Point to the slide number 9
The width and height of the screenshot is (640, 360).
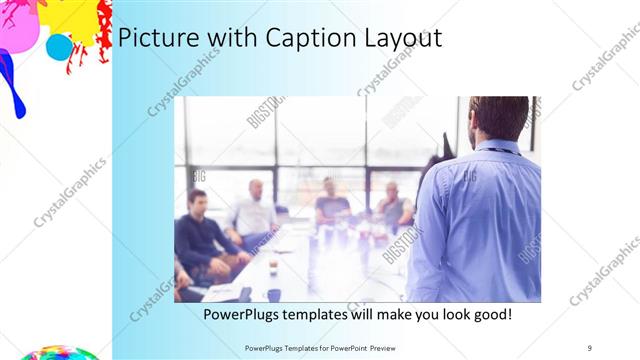click(x=589, y=348)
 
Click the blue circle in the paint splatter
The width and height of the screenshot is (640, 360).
click(x=60, y=47)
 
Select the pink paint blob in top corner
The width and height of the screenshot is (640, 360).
click(x=19, y=25)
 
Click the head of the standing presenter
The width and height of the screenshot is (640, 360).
click(x=500, y=117)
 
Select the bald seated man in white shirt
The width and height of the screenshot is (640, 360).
click(x=256, y=209)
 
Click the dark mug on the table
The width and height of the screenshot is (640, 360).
click(x=273, y=294)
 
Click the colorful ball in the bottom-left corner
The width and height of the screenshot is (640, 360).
click(x=55, y=353)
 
